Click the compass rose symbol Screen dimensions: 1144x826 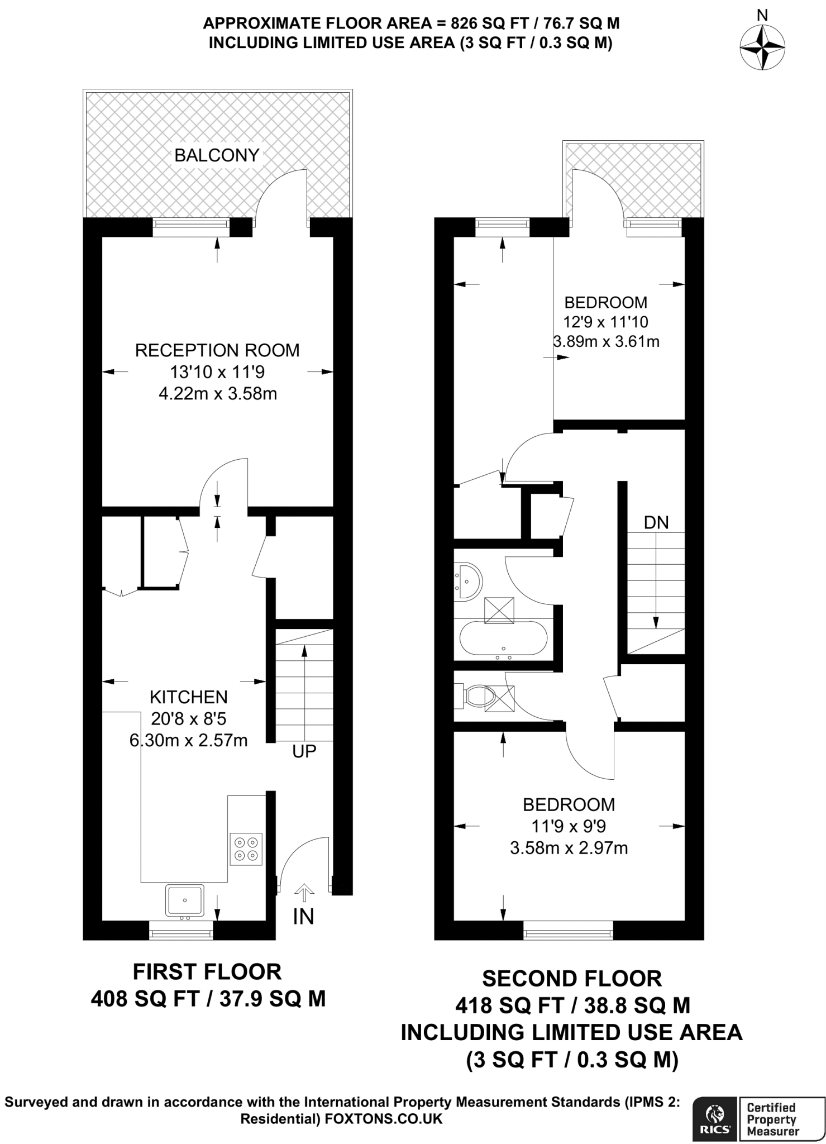(x=762, y=47)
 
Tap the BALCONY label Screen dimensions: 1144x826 (x=217, y=155)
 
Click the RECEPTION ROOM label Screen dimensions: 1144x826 (x=217, y=350)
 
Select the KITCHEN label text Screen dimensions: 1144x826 (x=189, y=697)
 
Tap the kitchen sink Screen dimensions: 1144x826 (x=185, y=900)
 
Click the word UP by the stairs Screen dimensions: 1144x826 (x=304, y=751)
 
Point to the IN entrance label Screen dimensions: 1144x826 (x=303, y=917)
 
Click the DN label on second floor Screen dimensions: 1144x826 (x=656, y=522)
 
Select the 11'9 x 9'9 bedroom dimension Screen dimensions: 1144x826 (x=569, y=826)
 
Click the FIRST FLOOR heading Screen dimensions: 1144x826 (x=207, y=972)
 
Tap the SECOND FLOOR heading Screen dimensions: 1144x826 (x=572, y=979)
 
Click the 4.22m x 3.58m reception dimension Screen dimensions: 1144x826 (x=218, y=394)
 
